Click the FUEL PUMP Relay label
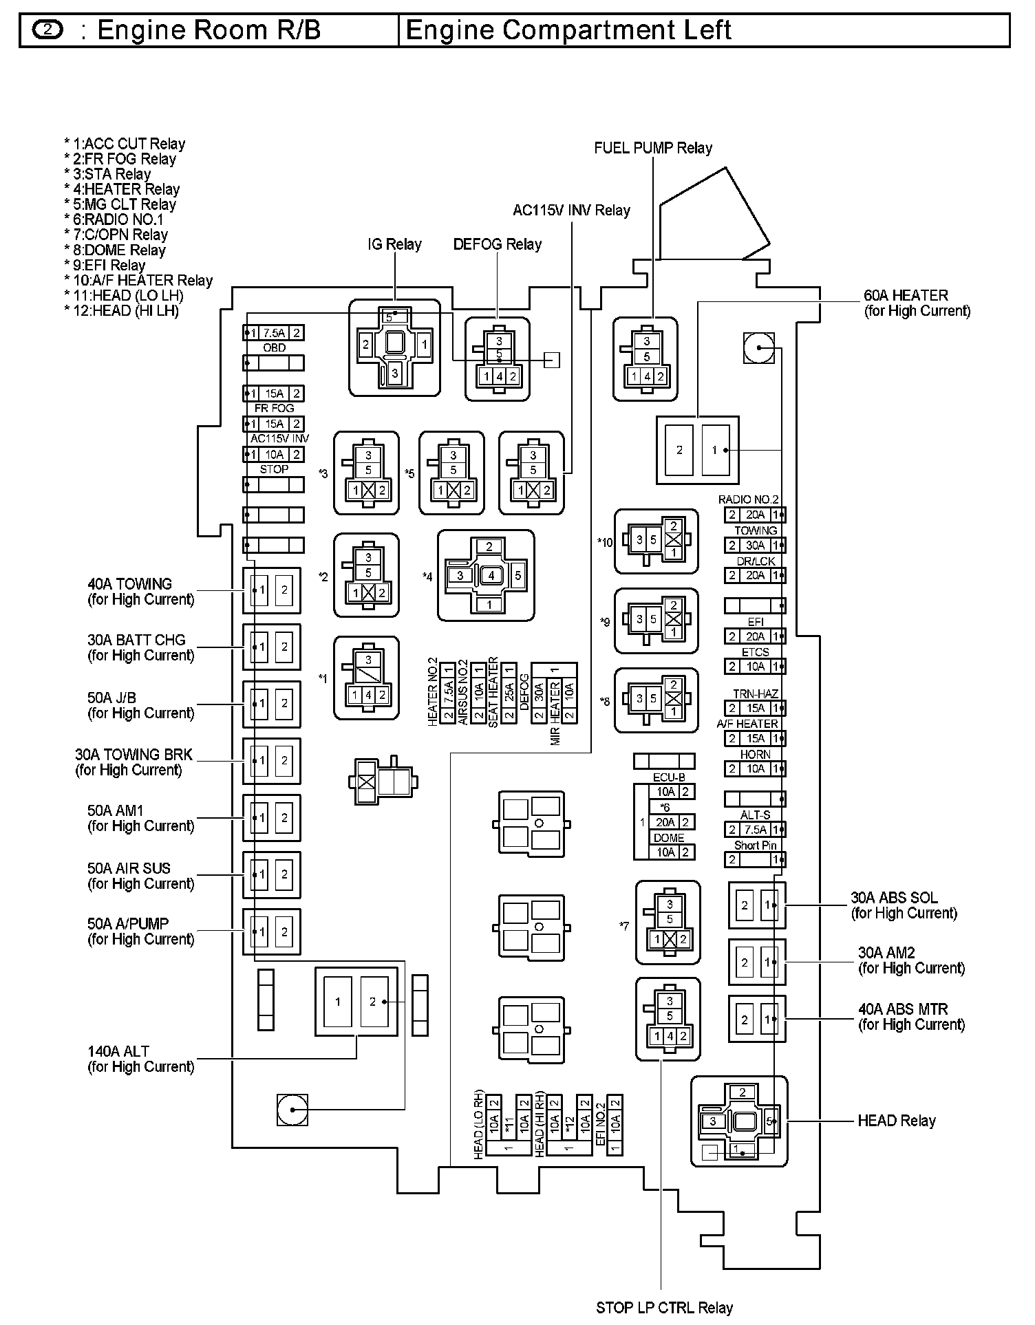click(652, 148)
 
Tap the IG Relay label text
click(394, 244)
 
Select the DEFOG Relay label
click(497, 244)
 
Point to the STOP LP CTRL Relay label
click(664, 1307)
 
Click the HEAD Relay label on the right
click(896, 1121)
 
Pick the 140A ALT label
click(118, 1051)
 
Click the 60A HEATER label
click(906, 296)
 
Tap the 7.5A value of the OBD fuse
click(275, 333)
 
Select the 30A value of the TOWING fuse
click(755, 546)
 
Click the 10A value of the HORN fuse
click(755, 769)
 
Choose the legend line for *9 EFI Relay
click(105, 266)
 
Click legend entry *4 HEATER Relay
click(122, 189)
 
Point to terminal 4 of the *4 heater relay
click(491, 575)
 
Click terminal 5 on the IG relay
click(389, 318)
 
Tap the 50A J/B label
click(111, 698)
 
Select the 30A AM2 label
click(886, 953)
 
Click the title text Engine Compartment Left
click(568, 31)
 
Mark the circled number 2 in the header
click(47, 30)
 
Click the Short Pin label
click(755, 845)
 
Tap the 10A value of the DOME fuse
click(665, 852)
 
